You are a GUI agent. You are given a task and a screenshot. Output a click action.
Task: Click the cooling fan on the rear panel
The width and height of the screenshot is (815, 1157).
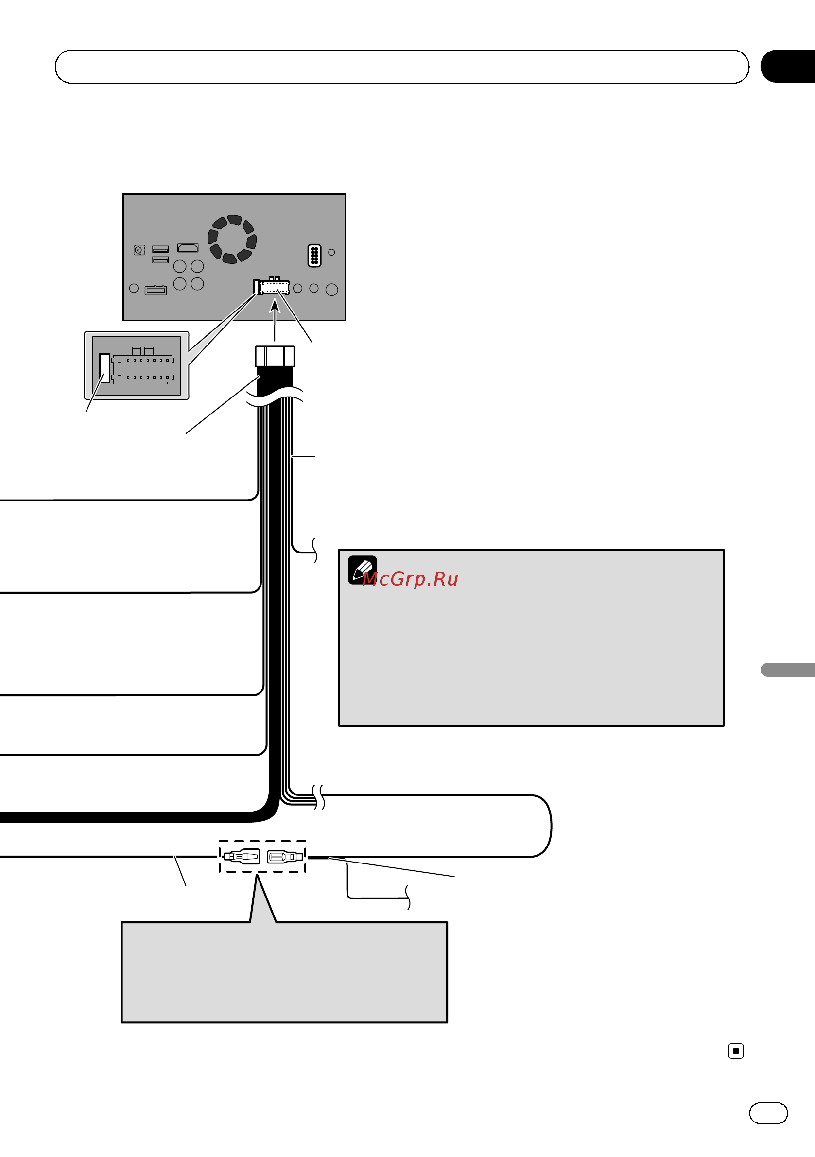click(x=232, y=239)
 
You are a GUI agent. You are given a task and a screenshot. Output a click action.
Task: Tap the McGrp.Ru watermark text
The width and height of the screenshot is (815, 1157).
click(x=410, y=579)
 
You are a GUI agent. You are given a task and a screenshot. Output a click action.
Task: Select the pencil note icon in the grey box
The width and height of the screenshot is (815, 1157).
click(x=362, y=570)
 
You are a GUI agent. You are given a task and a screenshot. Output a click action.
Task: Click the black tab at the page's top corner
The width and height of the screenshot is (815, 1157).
click(x=788, y=66)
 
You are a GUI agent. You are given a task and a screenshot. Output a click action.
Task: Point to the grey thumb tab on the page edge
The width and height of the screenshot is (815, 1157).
click(x=788, y=670)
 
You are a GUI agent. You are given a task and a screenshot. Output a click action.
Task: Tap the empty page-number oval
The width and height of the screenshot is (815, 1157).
click(x=769, y=1113)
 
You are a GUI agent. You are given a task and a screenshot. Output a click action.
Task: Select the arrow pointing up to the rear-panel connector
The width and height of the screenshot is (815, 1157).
click(x=275, y=320)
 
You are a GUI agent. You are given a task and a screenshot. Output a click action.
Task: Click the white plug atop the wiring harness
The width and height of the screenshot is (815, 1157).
click(x=275, y=356)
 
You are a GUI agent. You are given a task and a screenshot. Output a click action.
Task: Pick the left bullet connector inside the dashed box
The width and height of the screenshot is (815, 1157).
click(x=242, y=856)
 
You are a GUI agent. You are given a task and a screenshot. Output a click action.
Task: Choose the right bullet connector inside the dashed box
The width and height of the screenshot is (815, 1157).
click(x=285, y=857)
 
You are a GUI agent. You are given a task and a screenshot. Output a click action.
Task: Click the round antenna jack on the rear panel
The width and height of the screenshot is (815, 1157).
click(x=139, y=250)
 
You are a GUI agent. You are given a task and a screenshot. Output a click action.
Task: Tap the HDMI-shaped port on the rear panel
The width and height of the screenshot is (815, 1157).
click(x=188, y=248)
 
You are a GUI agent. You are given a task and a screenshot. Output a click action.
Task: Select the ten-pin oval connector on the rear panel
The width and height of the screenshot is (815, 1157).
click(x=314, y=256)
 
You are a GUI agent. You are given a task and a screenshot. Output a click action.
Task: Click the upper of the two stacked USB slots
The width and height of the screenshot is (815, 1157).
click(x=160, y=249)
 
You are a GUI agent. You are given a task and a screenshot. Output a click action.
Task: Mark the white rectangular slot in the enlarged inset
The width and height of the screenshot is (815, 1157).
click(x=104, y=368)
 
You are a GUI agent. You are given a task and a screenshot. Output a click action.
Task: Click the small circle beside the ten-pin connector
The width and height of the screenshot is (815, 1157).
click(x=331, y=252)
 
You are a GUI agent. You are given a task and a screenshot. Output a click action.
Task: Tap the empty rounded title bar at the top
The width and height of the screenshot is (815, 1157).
click(x=402, y=67)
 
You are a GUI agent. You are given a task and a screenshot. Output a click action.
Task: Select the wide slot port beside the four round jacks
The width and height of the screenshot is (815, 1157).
click(x=156, y=290)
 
